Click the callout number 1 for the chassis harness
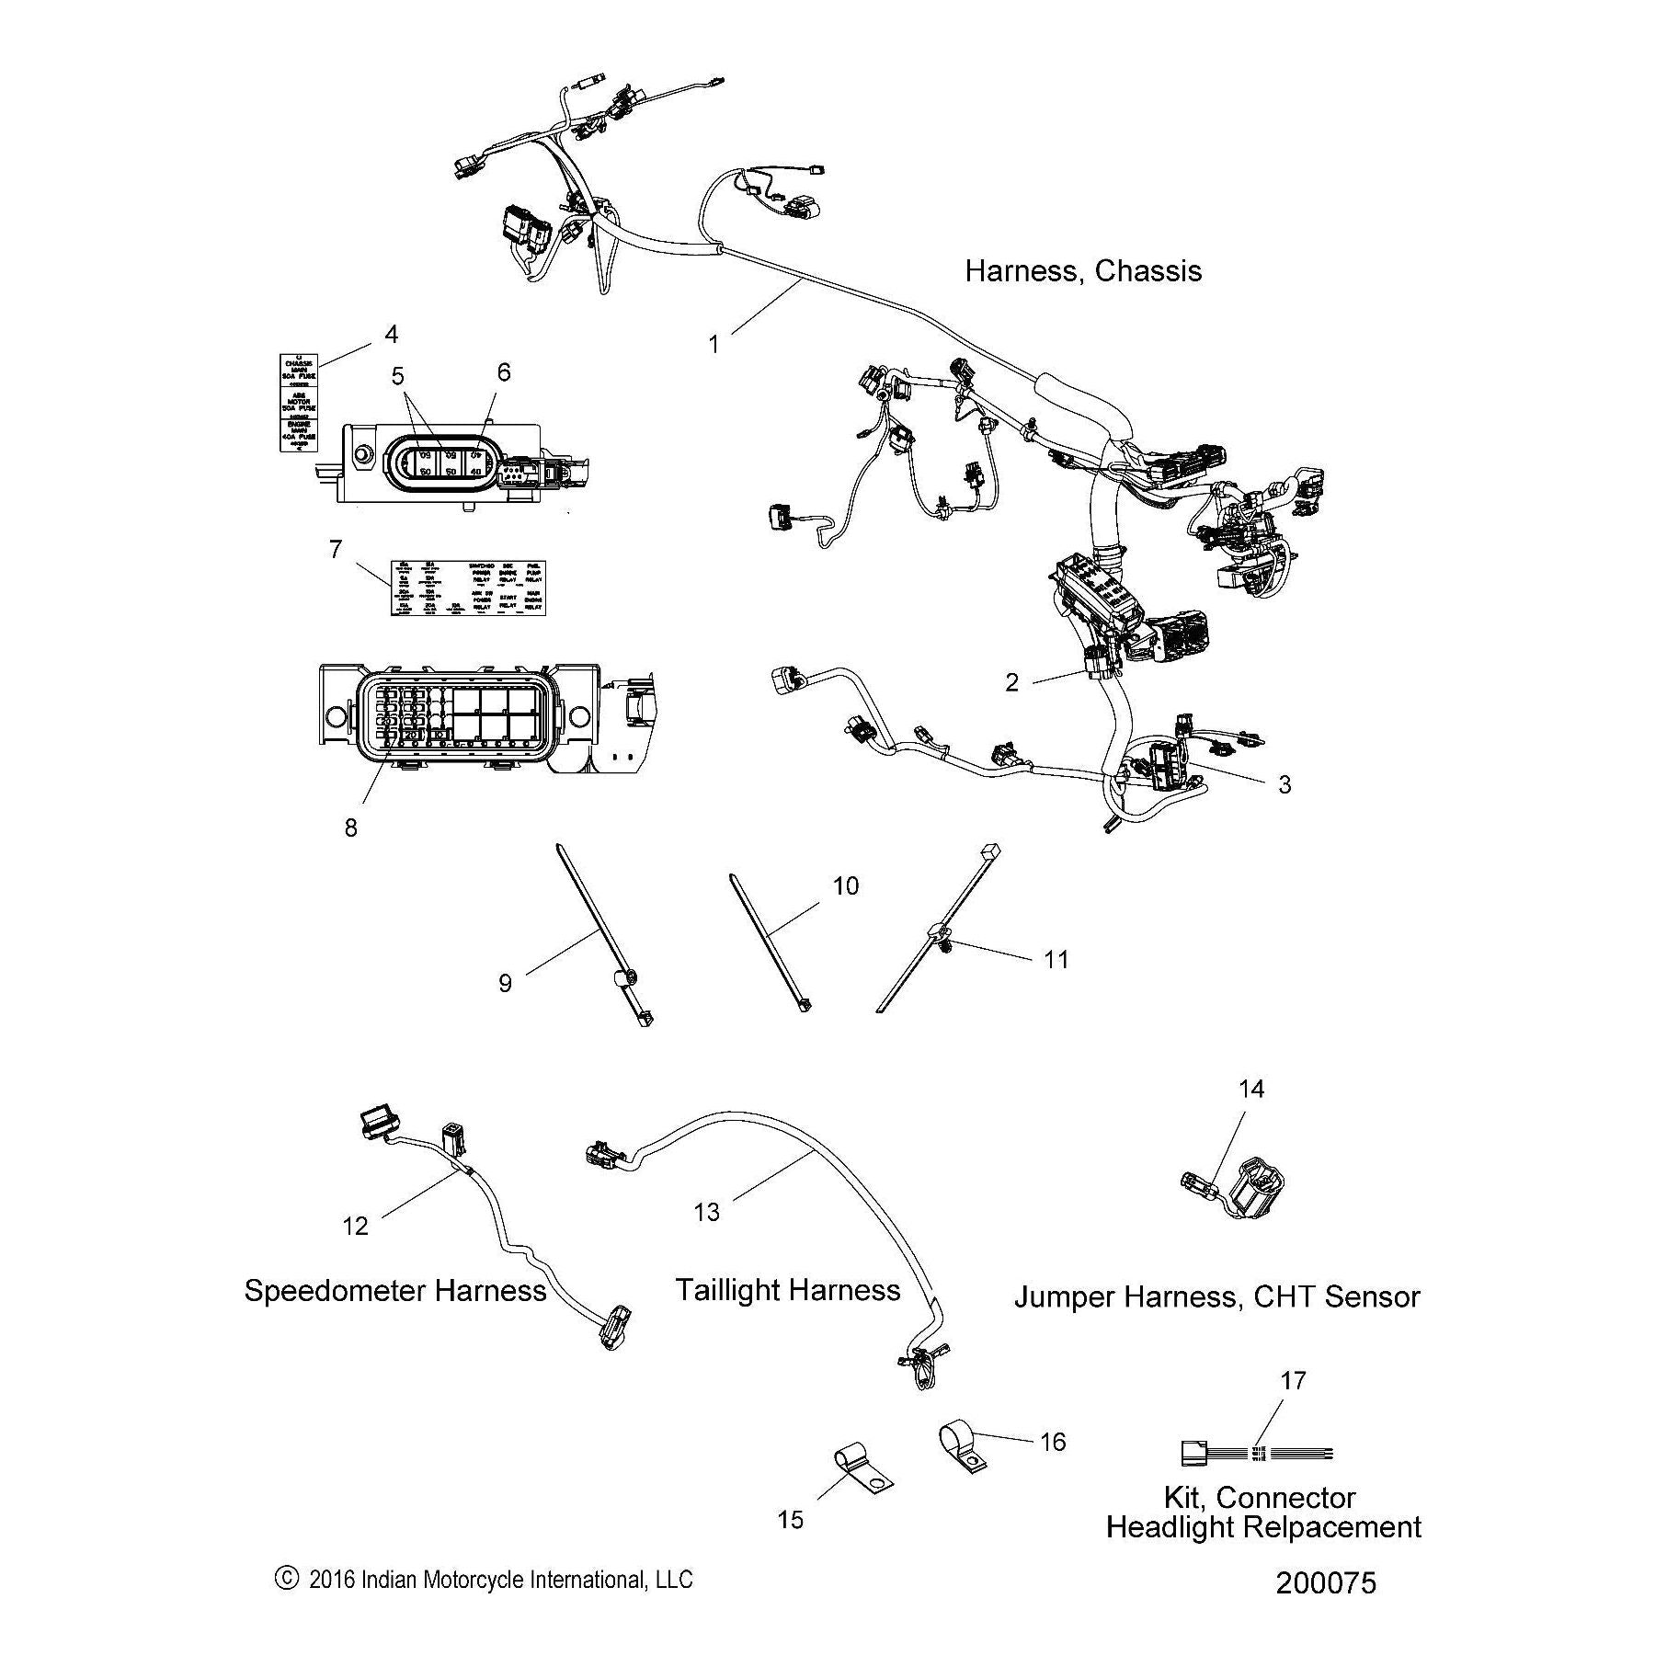tap(714, 344)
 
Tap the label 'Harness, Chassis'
tap(1082, 271)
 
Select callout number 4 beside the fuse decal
tap(391, 334)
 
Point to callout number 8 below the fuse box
tap(350, 828)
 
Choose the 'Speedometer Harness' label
tap(395, 1290)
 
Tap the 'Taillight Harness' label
tap(788, 1289)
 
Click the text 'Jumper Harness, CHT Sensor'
tap(1216, 1296)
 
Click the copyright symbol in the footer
tap(287, 1579)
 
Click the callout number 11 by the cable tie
tap(1056, 959)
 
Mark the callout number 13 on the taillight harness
tap(706, 1212)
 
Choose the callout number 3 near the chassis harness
tap(1284, 783)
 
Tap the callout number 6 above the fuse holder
tap(503, 371)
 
